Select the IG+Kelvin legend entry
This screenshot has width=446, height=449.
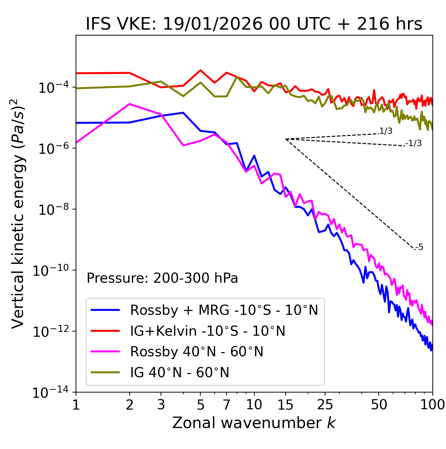tap(208, 331)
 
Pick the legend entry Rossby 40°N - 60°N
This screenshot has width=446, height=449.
tap(197, 352)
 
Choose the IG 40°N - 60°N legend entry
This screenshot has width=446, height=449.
tap(179, 373)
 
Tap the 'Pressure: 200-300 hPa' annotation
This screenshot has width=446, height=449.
tap(162, 278)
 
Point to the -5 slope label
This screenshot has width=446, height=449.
tap(419, 248)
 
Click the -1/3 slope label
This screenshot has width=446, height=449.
tap(414, 143)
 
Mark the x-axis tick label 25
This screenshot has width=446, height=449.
tap(325, 405)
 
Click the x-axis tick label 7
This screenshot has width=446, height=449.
tap(226, 405)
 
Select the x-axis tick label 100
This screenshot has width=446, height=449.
tap(432, 405)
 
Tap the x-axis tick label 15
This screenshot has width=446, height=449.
tap(285, 405)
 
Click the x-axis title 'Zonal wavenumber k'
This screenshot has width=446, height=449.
tap(254, 423)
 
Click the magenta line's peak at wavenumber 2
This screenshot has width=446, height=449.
tap(130, 104)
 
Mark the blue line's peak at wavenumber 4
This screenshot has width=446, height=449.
tap(183, 113)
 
